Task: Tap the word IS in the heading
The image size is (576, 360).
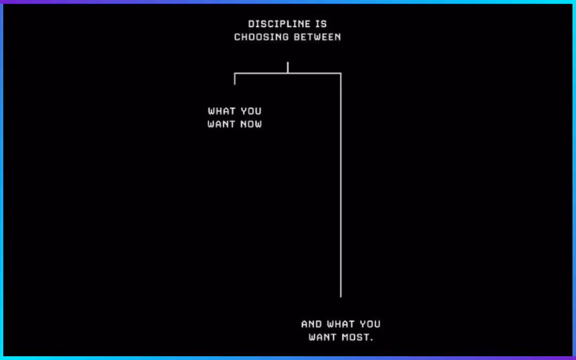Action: coord(321,24)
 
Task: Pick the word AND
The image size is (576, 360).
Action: coord(311,324)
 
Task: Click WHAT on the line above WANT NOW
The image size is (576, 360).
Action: coord(221,111)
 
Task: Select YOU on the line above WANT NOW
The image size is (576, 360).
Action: coord(251,111)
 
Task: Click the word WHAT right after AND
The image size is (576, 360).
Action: coord(340,324)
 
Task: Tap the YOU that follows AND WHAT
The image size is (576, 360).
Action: coord(370,324)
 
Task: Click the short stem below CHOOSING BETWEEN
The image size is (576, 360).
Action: coord(288,67)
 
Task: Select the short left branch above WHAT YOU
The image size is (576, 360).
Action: coord(235,79)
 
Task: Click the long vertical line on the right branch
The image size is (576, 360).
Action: coord(341,187)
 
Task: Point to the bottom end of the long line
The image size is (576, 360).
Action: coord(341,296)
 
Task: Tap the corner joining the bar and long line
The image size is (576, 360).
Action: coord(341,73)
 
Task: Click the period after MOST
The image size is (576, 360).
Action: coord(371,340)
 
